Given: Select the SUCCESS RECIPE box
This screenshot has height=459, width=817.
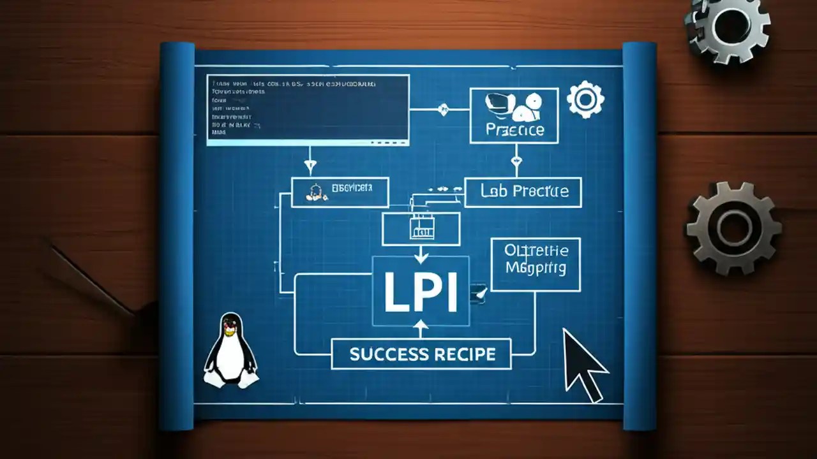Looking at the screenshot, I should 421,354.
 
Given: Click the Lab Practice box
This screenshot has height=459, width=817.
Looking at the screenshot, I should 523,192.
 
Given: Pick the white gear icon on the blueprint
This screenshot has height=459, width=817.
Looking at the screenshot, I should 585,99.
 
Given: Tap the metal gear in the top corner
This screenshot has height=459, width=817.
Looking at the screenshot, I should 728,25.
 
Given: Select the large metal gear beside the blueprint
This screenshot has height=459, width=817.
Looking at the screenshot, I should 733,228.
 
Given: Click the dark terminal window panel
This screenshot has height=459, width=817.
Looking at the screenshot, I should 308,108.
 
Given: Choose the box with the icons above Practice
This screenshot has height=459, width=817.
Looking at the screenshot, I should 514,115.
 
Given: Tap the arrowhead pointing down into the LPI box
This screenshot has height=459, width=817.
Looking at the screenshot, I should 420,258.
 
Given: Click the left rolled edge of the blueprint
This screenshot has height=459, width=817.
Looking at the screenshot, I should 177,236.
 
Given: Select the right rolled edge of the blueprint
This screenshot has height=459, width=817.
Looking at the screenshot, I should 639,236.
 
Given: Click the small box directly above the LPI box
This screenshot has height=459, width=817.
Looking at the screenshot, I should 421,228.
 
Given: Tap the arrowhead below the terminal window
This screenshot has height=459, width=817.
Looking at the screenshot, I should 310,168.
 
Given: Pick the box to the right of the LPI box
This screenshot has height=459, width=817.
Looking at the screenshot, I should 535,264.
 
